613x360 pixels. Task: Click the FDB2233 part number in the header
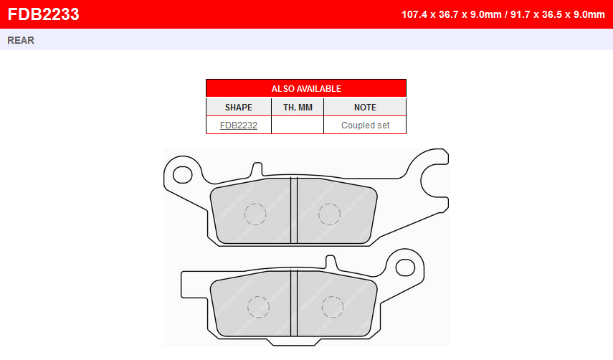click(x=44, y=14)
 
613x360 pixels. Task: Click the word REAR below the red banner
click(x=21, y=40)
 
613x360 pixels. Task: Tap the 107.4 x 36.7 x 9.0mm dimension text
click(x=452, y=14)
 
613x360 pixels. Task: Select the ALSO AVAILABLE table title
click(x=306, y=89)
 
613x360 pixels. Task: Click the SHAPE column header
click(x=239, y=107)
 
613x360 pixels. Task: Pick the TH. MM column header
click(x=298, y=107)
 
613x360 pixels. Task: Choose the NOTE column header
click(x=365, y=107)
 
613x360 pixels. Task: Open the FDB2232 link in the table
click(x=239, y=125)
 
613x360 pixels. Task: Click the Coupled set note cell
click(x=365, y=125)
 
